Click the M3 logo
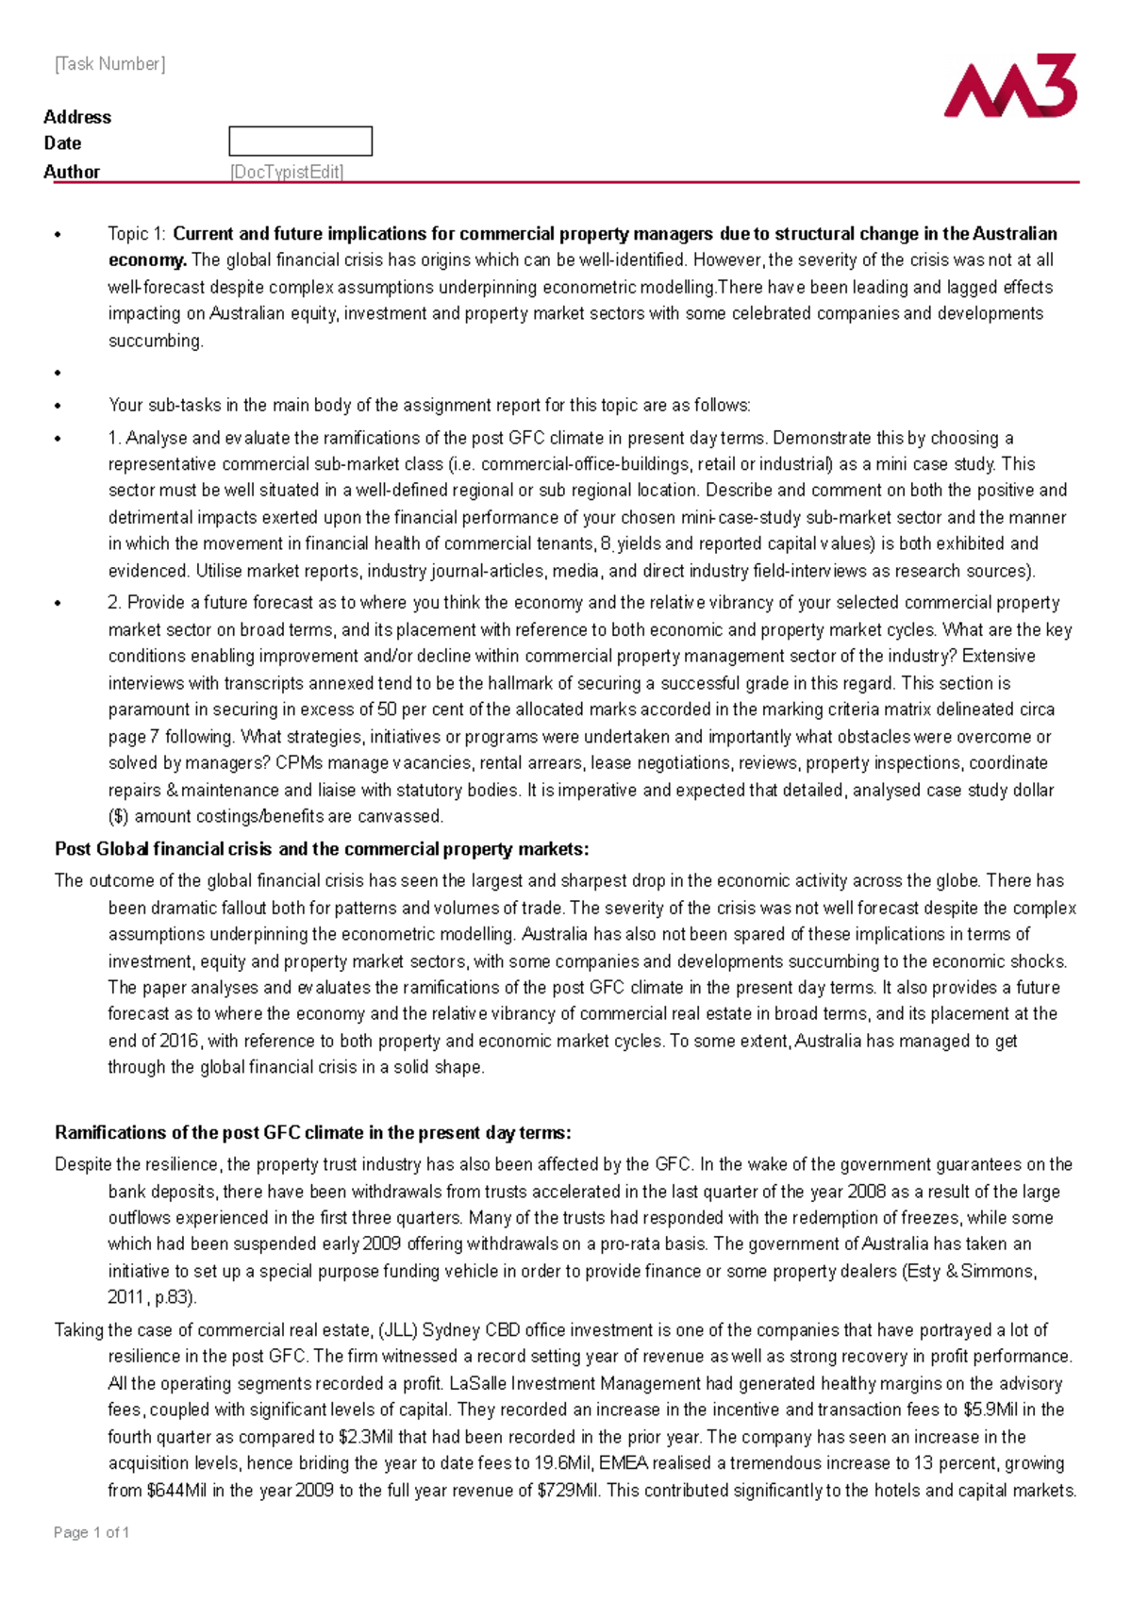click(1010, 87)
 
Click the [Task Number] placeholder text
click(109, 64)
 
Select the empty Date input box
click(300, 142)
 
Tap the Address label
click(77, 117)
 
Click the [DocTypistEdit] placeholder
click(287, 172)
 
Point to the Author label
click(72, 172)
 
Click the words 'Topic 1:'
click(137, 234)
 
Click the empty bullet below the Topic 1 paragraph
click(58, 373)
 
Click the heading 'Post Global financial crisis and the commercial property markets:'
click(322, 849)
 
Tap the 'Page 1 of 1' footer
click(92, 1532)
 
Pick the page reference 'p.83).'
click(175, 1297)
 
